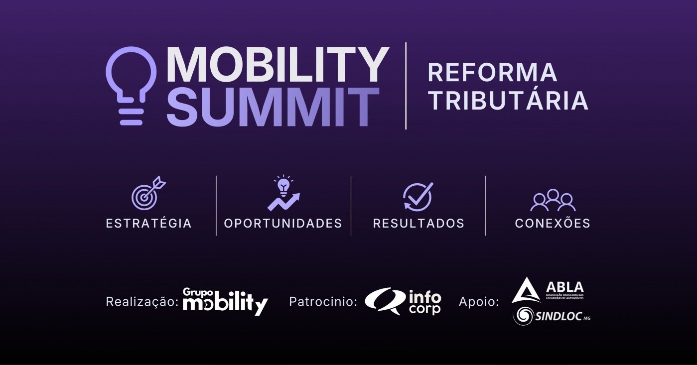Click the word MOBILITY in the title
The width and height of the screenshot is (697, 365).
pos(278,65)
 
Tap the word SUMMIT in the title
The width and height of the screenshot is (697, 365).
pos(273,107)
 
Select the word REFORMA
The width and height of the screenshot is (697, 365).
pos(492,72)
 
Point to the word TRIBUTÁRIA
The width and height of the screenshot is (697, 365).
pos(508,100)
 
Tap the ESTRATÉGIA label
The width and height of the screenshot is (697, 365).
pos(149,223)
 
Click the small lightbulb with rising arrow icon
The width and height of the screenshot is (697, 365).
pos(283,193)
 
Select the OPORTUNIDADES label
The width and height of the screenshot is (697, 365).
pos(283,223)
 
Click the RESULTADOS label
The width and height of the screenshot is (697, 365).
pos(418,223)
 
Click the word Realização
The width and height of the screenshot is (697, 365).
pos(142,302)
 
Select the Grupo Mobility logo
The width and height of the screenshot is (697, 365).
pos(225,302)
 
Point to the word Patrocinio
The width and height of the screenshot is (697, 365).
pos(323,301)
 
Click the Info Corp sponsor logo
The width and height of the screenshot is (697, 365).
pos(403,301)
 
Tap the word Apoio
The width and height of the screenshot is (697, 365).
pos(479,302)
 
